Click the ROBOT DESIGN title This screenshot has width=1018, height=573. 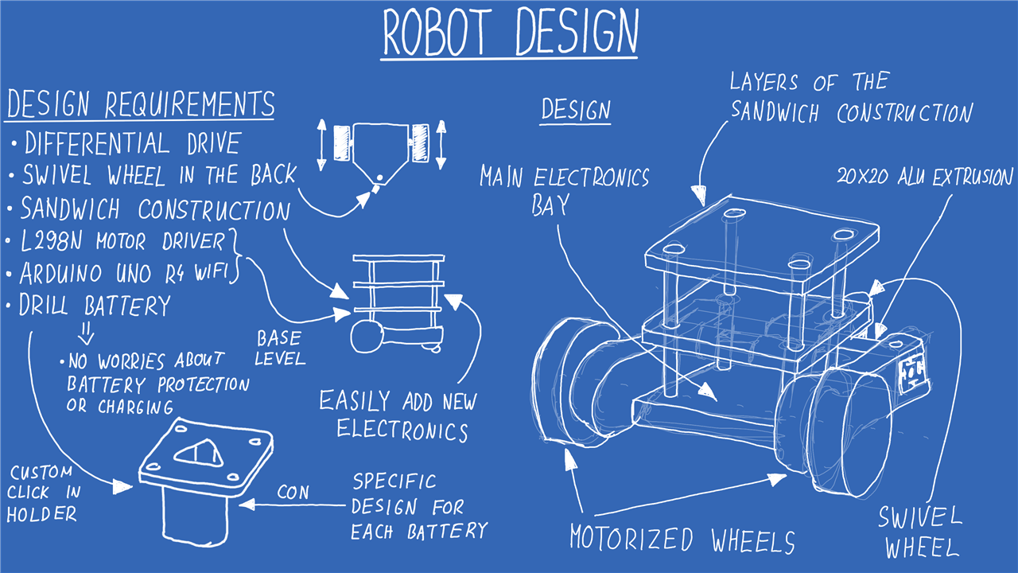[510, 33]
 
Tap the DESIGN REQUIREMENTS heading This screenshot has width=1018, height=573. [140, 104]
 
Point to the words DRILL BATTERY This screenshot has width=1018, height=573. [95, 306]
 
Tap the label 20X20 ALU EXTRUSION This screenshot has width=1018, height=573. [925, 176]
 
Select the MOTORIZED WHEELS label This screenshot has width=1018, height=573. [682, 540]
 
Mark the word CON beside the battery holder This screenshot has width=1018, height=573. [293, 493]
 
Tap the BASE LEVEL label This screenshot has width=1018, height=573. [279, 349]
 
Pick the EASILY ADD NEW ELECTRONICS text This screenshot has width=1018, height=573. [398, 415]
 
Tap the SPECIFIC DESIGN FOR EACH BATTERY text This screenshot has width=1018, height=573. [418, 506]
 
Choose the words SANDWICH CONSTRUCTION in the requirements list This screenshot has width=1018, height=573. [155, 209]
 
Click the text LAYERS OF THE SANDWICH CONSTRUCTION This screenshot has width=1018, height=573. [850, 97]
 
